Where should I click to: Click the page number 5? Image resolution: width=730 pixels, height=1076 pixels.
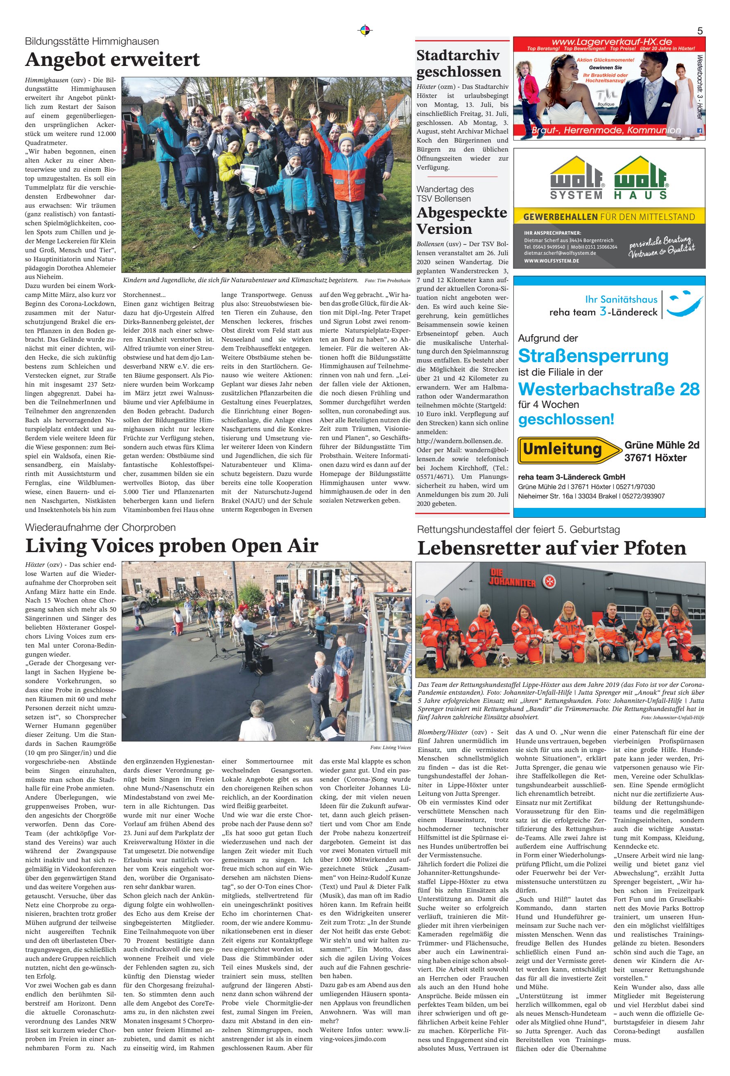699,31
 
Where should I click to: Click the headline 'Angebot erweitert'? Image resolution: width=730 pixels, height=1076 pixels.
113,60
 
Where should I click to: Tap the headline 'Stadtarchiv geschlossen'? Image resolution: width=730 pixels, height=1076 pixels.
458,63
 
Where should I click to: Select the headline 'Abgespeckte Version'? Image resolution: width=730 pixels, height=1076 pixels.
461,220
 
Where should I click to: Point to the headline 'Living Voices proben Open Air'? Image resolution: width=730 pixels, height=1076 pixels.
172,546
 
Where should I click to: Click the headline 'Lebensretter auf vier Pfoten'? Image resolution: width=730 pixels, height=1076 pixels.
551,548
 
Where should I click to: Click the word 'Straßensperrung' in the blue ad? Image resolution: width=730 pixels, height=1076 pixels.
593,356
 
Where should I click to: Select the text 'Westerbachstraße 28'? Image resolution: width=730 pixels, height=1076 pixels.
609,389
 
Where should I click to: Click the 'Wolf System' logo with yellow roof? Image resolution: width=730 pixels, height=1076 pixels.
576,178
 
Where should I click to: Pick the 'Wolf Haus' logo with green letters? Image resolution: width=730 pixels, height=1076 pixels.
641,178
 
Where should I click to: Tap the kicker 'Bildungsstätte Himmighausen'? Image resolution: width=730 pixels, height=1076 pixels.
92,42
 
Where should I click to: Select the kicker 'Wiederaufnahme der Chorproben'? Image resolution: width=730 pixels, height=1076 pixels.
100,528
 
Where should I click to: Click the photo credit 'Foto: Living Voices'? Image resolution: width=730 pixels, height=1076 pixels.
390,747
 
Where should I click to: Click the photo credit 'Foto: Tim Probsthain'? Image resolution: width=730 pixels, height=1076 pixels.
387,281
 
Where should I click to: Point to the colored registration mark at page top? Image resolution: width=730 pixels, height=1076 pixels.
365,31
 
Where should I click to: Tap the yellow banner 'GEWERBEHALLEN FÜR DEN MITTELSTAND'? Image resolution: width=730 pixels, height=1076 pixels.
609,217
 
